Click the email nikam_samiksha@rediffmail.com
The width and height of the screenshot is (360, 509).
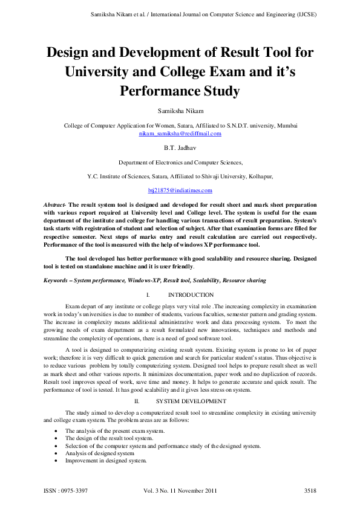point(180,133)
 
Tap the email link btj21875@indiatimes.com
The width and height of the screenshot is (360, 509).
point(180,190)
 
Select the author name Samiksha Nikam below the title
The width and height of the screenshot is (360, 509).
point(180,112)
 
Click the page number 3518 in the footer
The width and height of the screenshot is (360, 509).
point(310,490)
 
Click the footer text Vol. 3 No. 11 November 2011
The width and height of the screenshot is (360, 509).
point(180,490)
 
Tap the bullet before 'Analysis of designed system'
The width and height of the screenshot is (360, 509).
point(56,453)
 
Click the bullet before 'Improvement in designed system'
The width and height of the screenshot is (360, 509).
point(56,461)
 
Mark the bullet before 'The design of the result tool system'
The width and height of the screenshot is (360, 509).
point(56,438)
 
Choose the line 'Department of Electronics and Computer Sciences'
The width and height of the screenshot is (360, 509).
point(180,163)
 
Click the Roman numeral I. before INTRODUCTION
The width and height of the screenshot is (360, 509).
point(148,294)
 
